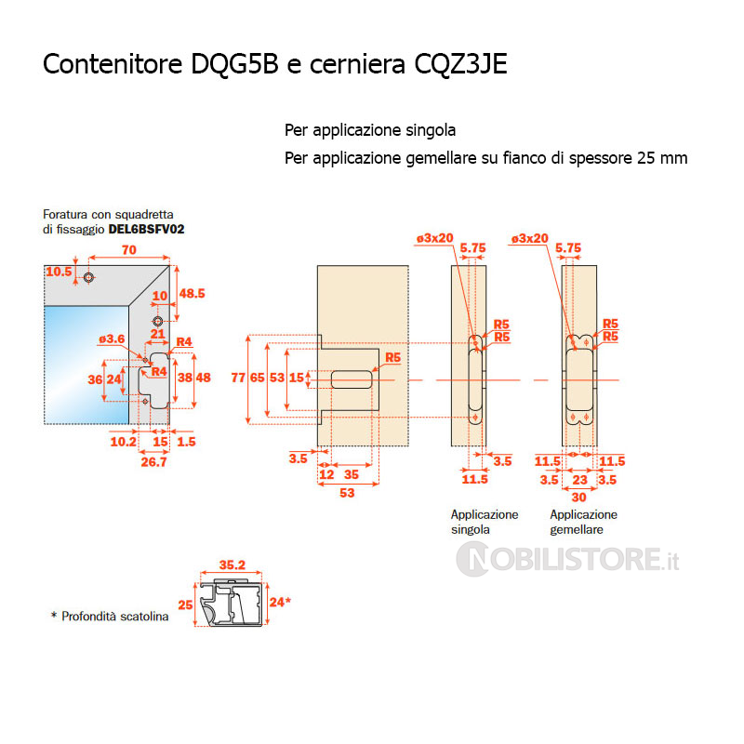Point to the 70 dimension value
tap(130, 249)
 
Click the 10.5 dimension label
tap(59, 271)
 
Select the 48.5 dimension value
tap(192, 293)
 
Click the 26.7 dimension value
tap(153, 461)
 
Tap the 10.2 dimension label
tap(123, 442)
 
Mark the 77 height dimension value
tap(238, 379)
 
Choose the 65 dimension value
tap(257, 379)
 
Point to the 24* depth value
tap(281, 602)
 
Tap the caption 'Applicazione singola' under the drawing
tap(485, 522)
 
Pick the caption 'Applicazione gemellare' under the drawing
tap(584, 522)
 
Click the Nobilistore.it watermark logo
tap(568, 559)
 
